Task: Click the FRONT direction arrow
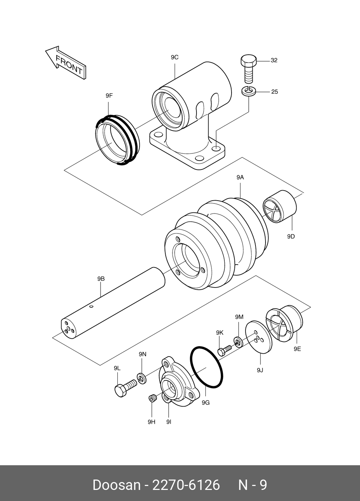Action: click(x=65, y=63)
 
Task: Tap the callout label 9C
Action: click(x=175, y=58)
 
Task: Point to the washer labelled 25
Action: click(x=249, y=92)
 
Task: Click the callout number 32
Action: click(x=274, y=60)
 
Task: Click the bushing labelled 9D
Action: click(x=279, y=207)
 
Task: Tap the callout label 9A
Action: click(x=240, y=178)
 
